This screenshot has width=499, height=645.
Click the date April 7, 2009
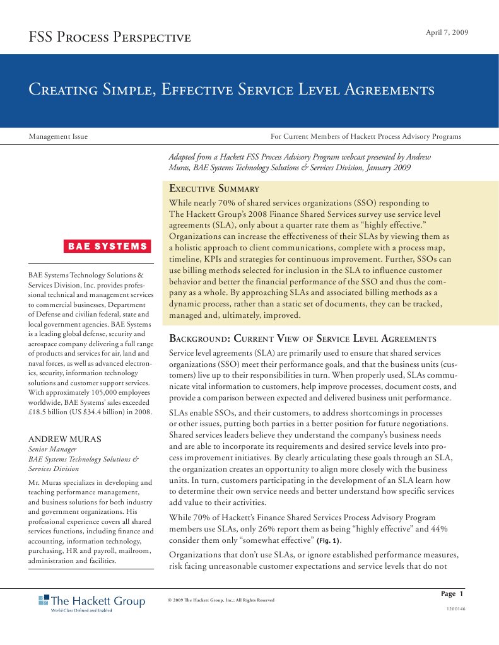tap(447, 32)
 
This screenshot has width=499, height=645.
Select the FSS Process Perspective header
tap(110, 38)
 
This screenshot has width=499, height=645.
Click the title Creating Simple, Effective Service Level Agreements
tap(232, 90)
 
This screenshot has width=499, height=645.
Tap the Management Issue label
tap(59, 136)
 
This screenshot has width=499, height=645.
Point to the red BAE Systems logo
tap(107, 247)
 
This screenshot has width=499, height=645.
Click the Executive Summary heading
tap(214, 189)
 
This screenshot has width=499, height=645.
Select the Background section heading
tap(303, 339)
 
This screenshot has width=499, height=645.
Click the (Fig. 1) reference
tap(328, 541)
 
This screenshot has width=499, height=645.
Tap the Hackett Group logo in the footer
tap(91, 603)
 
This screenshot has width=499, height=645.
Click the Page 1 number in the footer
tap(452, 594)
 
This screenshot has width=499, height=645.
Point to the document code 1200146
tap(455, 610)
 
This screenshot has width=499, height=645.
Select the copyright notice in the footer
tap(221, 600)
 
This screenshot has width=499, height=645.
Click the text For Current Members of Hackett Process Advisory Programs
tap(366, 136)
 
